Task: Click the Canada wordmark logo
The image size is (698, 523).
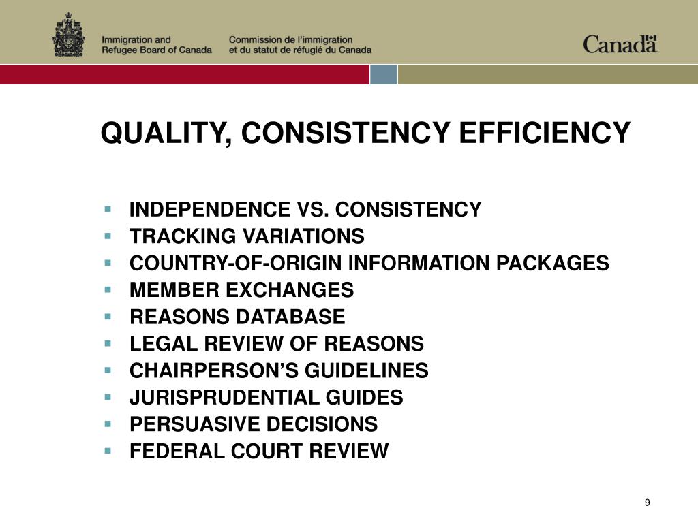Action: click(x=620, y=44)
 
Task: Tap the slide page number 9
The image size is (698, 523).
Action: click(x=647, y=503)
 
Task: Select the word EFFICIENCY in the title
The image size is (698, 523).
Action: click(x=545, y=133)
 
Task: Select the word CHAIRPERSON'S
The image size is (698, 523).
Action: click(x=204, y=371)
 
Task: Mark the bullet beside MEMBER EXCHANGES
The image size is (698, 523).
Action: click(x=108, y=289)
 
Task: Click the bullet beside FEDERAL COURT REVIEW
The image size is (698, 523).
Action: click(x=108, y=449)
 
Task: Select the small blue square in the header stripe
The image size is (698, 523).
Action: click(x=383, y=74)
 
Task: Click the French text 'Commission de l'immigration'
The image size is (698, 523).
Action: click(x=290, y=40)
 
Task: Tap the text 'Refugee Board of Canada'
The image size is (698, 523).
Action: click(x=157, y=50)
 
